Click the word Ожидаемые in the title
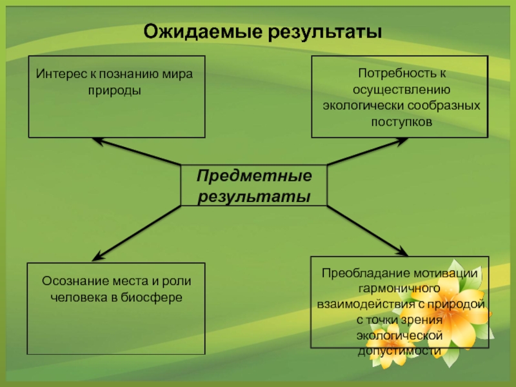tap(195, 31)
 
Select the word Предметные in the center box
tap(253, 176)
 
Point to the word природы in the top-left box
tap(115, 90)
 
